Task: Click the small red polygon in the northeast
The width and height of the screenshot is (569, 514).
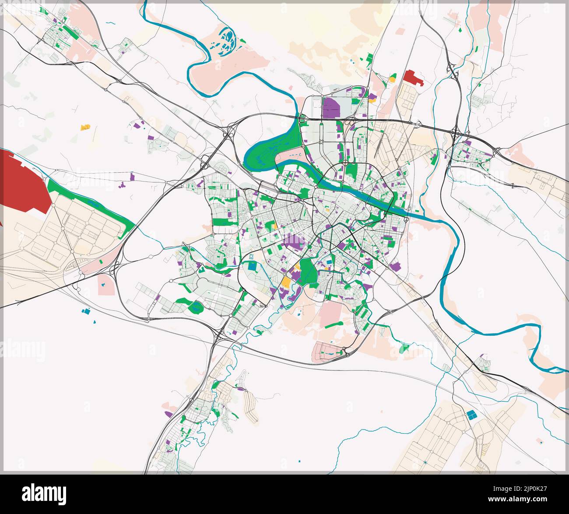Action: point(412,78)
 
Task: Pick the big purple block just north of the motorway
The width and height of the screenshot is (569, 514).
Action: point(331,108)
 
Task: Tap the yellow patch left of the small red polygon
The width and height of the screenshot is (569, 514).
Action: point(392,80)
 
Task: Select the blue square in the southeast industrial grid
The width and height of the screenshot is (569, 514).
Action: point(471,415)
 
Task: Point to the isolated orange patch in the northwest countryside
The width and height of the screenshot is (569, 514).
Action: point(85,127)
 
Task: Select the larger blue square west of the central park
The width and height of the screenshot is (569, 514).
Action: point(252,266)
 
